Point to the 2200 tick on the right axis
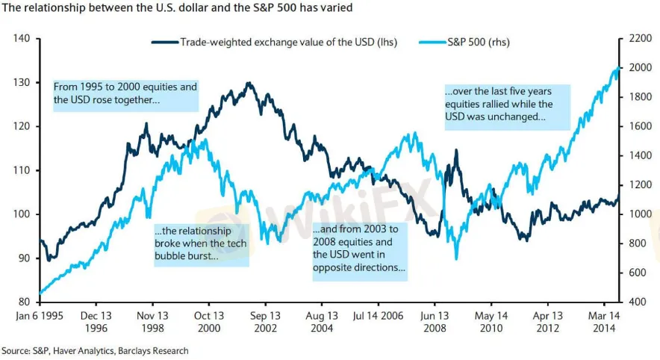pos(638,38)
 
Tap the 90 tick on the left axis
pos(22,258)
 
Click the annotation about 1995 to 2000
pos(125,93)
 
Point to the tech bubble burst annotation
pos(200,243)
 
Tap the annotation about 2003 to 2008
pos(359,249)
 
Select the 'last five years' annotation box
pos(508,105)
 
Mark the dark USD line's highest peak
pos(248,83)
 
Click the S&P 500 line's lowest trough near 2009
pos(456,258)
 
